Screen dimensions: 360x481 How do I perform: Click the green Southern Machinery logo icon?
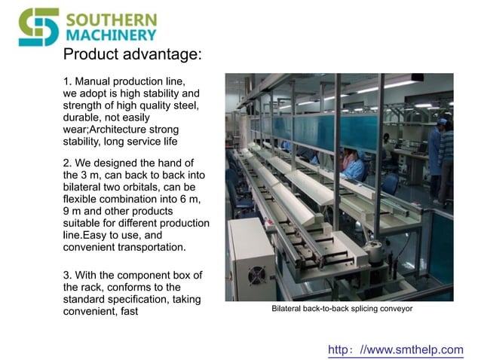(x=38, y=26)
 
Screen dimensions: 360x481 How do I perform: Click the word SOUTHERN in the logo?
(x=112, y=19)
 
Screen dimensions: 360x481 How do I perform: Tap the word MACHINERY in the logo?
(x=112, y=35)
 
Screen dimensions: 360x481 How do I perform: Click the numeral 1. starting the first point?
(x=68, y=81)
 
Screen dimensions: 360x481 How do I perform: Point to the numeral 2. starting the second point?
(x=68, y=163)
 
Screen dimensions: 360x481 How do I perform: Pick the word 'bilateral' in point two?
(x=85, y=187)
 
